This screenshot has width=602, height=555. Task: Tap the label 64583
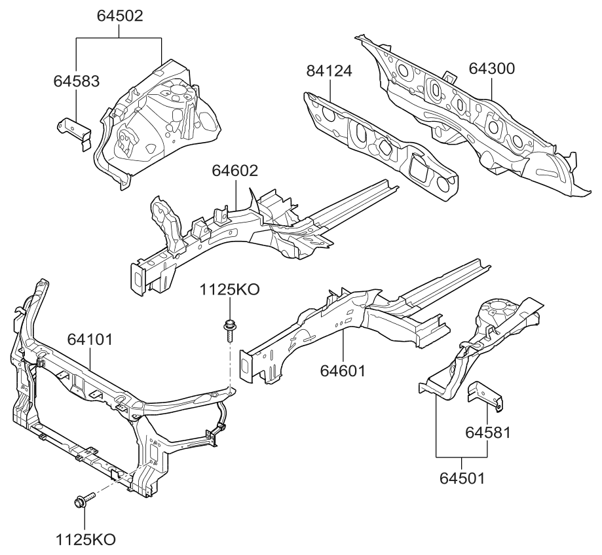coord(76,81)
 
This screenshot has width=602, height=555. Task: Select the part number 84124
coord(329,71)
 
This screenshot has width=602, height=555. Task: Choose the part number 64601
coord(343,371)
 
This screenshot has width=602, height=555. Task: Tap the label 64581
coord(488,432)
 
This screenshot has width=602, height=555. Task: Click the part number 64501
coord(462,478)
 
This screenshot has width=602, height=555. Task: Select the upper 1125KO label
coord(229,290)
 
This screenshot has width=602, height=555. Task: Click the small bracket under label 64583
coord(73,130)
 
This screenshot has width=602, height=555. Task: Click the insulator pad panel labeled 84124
coord(380,144)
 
